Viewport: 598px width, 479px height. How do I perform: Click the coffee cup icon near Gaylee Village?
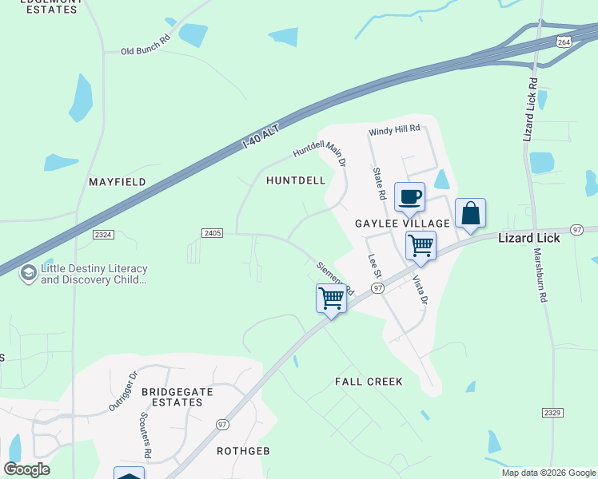409,197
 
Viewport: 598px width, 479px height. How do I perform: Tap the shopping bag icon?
470,214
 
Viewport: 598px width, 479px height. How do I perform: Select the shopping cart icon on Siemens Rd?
331,299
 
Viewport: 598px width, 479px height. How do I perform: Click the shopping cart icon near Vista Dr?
421,246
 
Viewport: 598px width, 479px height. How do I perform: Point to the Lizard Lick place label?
528,238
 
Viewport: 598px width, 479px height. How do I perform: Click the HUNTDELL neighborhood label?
296,180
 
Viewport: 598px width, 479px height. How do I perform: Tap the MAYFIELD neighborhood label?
118,182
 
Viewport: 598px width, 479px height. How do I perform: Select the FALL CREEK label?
369,382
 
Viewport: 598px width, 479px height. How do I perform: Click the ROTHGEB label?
243,451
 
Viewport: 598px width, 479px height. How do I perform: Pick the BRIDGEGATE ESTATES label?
172,397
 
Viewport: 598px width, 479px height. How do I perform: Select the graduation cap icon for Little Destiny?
28,274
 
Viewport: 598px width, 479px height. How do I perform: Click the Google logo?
26,469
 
